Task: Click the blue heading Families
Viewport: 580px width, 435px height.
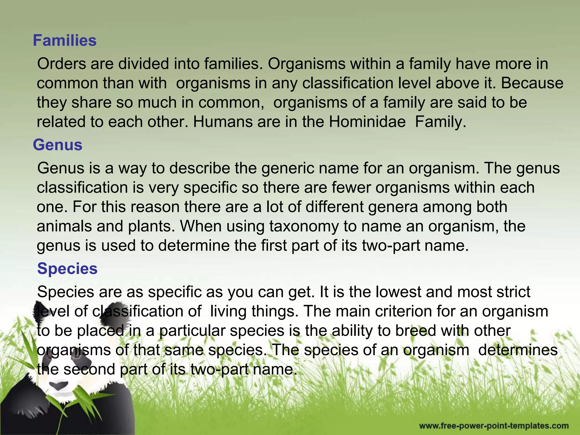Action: pyautogui.click(x=65, y=40)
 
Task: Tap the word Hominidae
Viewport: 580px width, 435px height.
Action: pyautogui.click(x=367, y=122)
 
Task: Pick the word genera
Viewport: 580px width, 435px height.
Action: pyautogui.click(x=393, y=207)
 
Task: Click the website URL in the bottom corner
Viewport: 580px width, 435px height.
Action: pyautogui.click(x=494, y=426)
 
